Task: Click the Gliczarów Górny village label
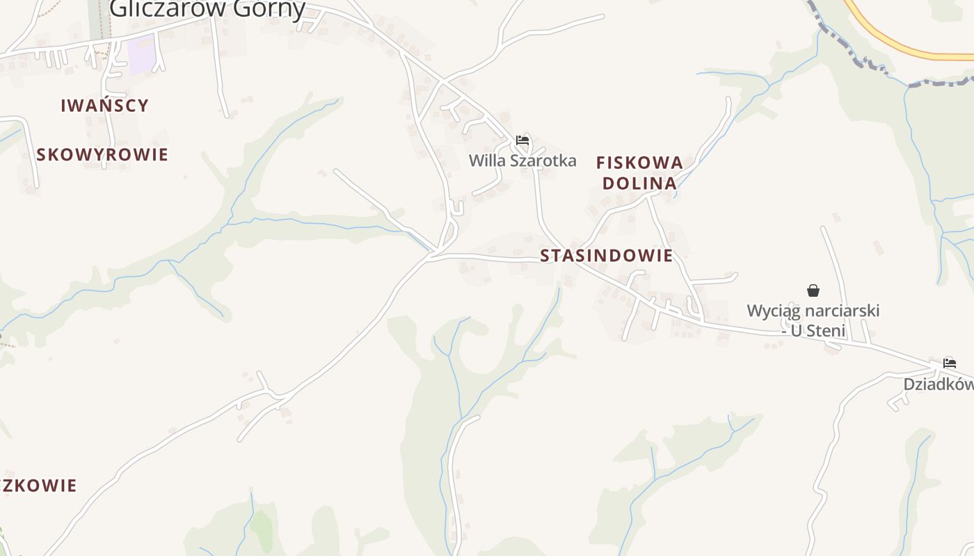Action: pos(207,8)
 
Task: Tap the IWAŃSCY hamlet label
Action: pos(104,106)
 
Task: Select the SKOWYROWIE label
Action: pos(102,154)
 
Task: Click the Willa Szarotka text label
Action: pos(522,161)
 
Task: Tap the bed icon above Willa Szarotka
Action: pos(522,140)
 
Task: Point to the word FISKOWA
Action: pos(639,163)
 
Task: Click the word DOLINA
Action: pos(639,183)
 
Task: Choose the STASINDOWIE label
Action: pos(607,256)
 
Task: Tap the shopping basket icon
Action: pos(813,290)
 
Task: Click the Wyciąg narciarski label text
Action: pos(813,310)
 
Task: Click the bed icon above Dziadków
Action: pos(950,363)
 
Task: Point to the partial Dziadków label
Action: pos(939,384)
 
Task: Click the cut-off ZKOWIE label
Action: pos(38,485)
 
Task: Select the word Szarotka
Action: pos(543,161)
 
